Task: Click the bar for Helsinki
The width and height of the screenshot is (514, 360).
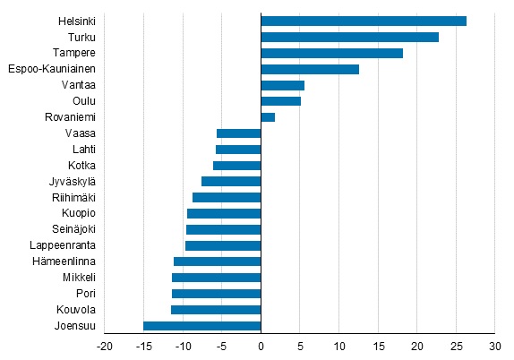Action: pyautogui.click(x=363, y=21)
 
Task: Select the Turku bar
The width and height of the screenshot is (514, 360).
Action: pyautogui.click(x=349, y=37)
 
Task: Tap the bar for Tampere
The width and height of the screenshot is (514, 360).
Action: pyautogui.click(x=331, y=53)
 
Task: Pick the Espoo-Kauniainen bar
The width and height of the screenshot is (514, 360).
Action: pyautogui.click(x=309, y=69)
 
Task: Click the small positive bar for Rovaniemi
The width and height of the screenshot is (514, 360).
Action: pyautogui.click(x=268, y=117)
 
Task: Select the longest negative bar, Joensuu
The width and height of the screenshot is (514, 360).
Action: pyautogui.click(x=201, y=326)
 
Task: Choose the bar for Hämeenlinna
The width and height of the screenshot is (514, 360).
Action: pyautogui.click(x=217, y=261)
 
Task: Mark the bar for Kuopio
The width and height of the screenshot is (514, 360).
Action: pyautogui.click(x=224, y=213)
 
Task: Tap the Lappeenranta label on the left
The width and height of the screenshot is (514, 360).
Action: pyautogui.click(x=65, y=245)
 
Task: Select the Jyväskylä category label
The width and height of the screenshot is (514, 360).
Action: pyautogui.click(x=72, y=181)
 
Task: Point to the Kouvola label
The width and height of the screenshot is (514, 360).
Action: pyautogui.click(x=76, y=310)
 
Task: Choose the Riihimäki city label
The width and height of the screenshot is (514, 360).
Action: pyautogui.click(x=73, y=197)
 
